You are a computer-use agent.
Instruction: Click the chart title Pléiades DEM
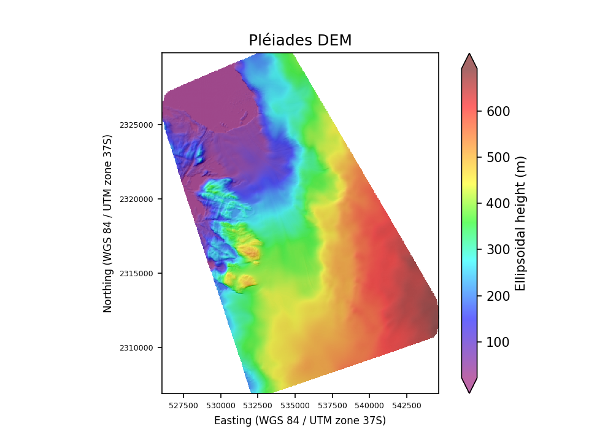click(x=300, y=41)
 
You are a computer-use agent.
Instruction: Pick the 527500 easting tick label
click(x=183, y=406)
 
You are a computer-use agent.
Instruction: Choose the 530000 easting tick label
click(x=221, y=406)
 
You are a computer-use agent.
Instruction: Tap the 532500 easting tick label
click(x=258, y=406)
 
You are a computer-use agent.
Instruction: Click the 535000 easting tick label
click(x=295, y=406)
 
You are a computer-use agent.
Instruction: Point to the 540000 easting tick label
click(x=369, y=406)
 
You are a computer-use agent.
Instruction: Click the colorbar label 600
click(x=498, y=111)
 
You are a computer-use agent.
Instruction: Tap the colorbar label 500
click(x=498, y=157)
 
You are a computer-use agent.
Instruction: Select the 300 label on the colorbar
click(x=498, y=249)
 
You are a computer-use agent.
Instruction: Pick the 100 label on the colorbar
click(x=498, y=342)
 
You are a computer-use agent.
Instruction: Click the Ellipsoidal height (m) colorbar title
click(x=521, y=223)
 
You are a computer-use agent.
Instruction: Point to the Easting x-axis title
click(x=300, y=421)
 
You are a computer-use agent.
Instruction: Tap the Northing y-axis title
click(x=108, y=223)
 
